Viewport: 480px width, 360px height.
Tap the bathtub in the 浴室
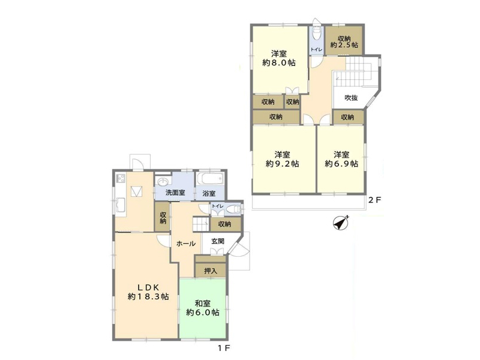(210, 179)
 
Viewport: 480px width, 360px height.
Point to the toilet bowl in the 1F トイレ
(233, 209)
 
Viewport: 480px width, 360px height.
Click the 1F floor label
(223, 348)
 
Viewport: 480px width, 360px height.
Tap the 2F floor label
(374, 200)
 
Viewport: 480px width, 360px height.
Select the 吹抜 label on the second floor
(351, 98)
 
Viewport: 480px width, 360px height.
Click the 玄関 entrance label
(218, 241)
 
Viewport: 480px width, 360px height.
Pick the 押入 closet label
(211, 271)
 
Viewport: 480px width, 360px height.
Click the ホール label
(186, 244)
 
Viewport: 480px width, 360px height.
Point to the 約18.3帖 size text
(148, 296)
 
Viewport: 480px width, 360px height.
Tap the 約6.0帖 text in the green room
(203, 313)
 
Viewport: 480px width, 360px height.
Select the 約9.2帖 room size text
(282, 164)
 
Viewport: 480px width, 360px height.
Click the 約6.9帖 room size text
(341, 164)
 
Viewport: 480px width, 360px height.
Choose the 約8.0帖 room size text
(279, 63)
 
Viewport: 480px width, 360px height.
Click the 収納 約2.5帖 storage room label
(344, 41)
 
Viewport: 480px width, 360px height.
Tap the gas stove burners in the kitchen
(120, 178)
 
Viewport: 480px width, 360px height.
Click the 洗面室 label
(175, 193)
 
